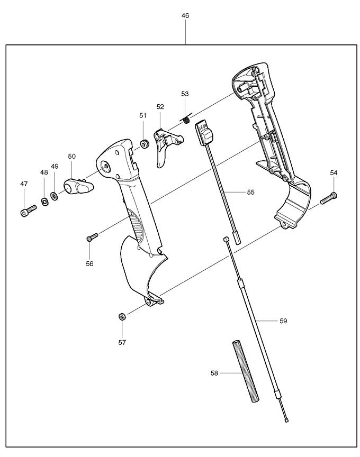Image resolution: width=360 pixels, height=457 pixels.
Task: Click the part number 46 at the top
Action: click(x=185, y=16)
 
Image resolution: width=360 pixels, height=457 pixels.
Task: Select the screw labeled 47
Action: click(x=26, y=212)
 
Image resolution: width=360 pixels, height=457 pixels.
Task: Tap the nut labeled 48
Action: click(x=44, y=201)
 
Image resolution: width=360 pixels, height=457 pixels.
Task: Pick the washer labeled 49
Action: click(x=54, y=197)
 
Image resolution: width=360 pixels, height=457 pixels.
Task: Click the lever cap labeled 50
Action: click(x=77, y=186)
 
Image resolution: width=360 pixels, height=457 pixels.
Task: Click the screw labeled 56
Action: click(x=92, y=236)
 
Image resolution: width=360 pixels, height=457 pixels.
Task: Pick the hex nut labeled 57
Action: click(x=122, y=316)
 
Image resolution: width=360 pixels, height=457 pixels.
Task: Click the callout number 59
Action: click(x=283, y=321)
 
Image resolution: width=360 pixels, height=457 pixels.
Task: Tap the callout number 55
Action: click(x=250, y=192)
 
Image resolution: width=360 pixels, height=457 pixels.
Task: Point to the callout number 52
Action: click(x=160, y=107)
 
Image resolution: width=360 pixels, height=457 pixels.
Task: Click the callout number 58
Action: click(x=214, y=373)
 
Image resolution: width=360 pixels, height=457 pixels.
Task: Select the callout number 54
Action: click(x=334, y=172)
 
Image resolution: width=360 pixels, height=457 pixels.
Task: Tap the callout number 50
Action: click(x=72, y=156)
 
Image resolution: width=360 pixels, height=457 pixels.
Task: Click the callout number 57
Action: click(x=122, y=342)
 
